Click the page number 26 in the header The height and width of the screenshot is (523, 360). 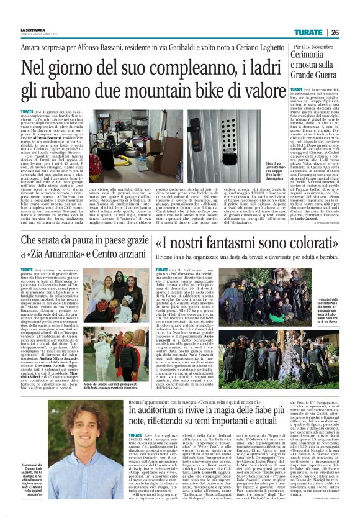click(335, 32)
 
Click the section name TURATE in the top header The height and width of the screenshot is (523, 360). click(308, 32)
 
